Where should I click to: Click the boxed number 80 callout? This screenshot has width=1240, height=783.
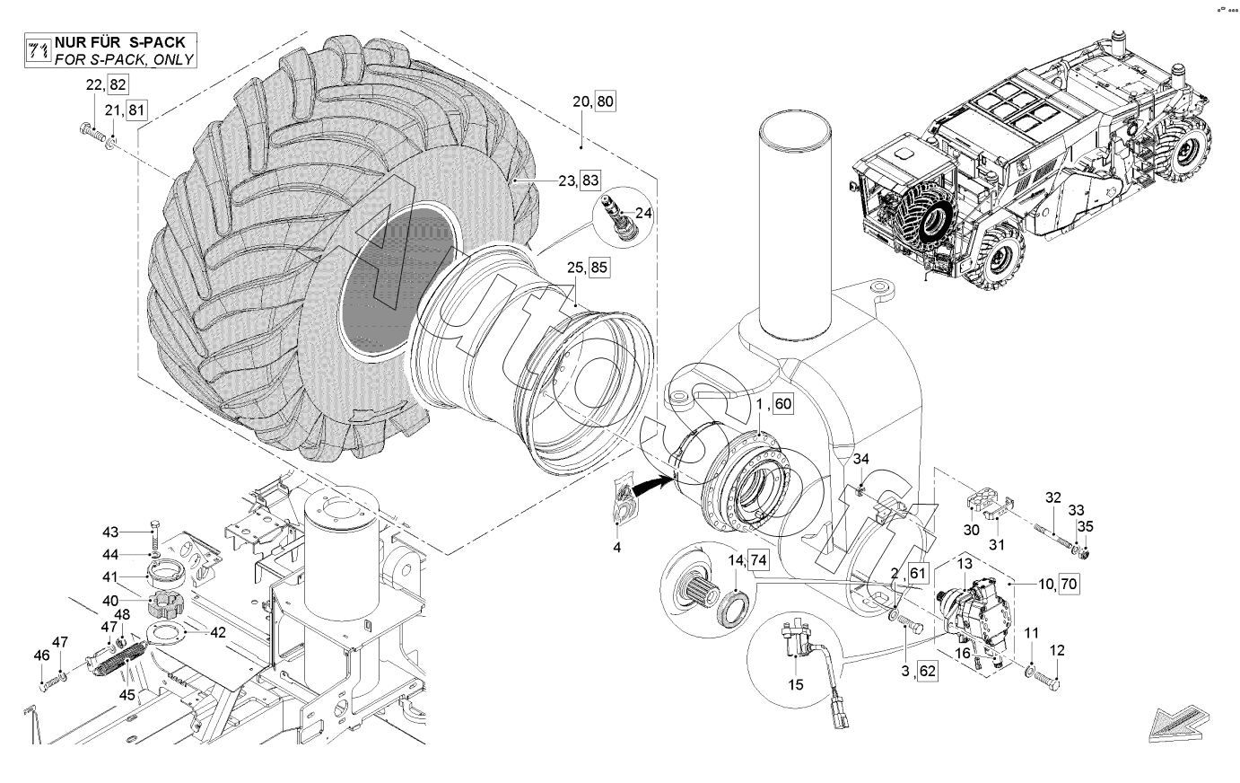click(605, 101)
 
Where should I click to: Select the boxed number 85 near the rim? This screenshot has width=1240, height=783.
click(599, 268)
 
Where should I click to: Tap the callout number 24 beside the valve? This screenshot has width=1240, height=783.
click(643, 213)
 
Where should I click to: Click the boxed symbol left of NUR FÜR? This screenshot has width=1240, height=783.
click(39, 50)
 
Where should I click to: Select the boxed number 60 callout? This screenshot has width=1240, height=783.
click(782, 403)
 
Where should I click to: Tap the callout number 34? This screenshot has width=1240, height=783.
click(860, 459)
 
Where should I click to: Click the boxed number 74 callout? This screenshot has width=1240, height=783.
click(758, 560)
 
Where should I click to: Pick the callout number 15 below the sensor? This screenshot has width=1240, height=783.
click(796, 685)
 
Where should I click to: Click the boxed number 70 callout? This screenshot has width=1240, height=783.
click(1069, 584)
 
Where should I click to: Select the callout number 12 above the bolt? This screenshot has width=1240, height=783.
click(1057, 650)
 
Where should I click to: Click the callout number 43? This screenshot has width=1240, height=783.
click(110, 532)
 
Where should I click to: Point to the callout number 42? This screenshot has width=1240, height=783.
click(218, 632)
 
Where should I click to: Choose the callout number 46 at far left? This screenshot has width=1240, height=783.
click(41, 655)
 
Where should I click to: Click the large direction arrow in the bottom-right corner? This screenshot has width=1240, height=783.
click(1179, 723)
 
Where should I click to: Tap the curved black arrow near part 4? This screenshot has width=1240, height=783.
click(651, 488)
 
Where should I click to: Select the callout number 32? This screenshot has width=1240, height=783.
click(1052, 497)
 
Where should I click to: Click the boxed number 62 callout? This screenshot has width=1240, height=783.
click(927, 671)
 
